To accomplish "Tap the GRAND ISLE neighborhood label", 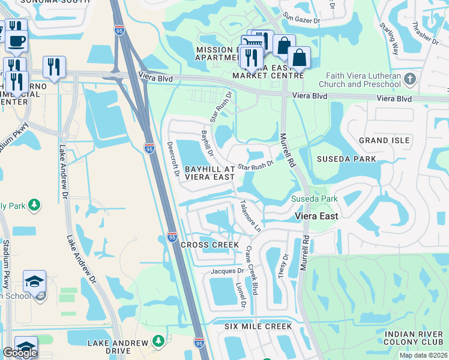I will (384, 140).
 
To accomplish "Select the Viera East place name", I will (317, 216).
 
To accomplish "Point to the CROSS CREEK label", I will (209, 245).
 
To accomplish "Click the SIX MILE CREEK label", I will (258, 326).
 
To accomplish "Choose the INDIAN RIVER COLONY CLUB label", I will (414, 338).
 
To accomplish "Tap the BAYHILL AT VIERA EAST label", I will (209, 173).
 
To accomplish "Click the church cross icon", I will (409, 79).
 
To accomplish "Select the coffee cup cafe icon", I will (16, 41).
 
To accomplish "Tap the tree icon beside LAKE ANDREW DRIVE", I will (158, 341).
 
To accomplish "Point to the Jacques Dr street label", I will (226, 271).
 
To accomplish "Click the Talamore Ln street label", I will (251, 216).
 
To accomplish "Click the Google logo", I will (20, 353).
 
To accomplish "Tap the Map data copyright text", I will (423, 355).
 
